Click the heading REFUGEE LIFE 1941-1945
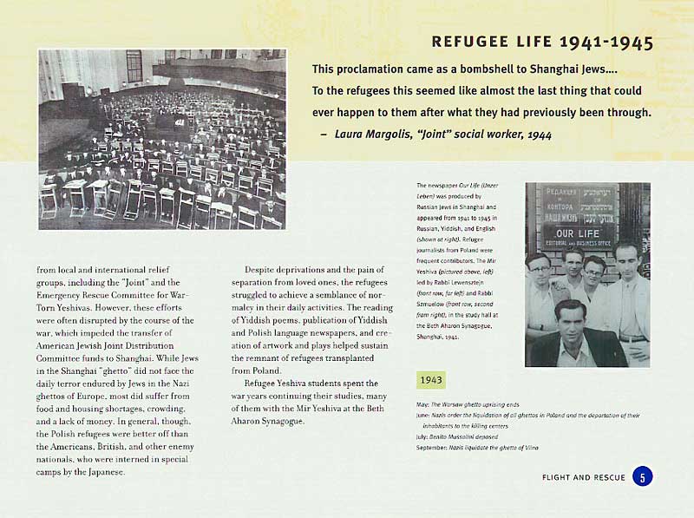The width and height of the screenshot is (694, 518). pos(541,43)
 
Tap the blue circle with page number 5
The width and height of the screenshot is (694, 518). pos(642,476)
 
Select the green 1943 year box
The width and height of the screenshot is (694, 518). pos(431,380)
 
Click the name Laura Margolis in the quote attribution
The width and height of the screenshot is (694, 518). pos(375,134)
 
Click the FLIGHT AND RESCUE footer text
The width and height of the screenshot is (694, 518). pos(583,477)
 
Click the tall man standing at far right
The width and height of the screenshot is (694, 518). pos(628,286)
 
